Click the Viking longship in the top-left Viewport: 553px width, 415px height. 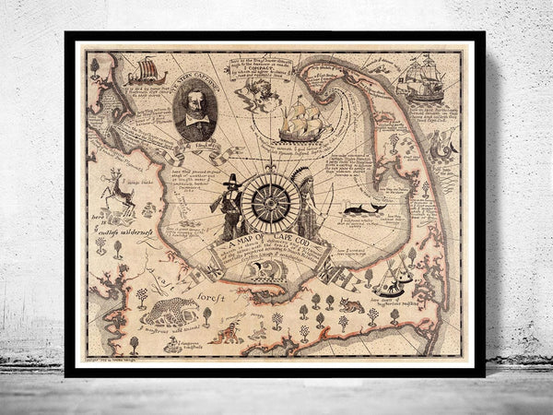click(144, 72)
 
